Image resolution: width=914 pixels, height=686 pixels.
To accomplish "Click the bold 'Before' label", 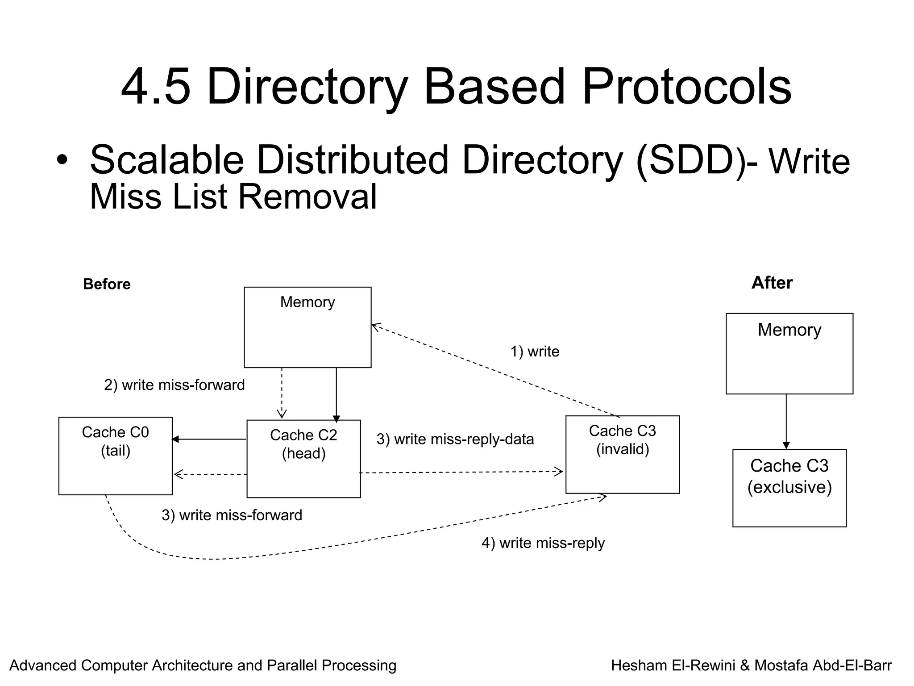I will [107, 284].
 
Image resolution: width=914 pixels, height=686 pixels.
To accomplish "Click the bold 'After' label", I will [772, 283].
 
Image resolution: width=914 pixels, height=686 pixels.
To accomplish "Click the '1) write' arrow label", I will [535, 351].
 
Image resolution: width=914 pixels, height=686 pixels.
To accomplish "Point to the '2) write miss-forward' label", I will [174, 385].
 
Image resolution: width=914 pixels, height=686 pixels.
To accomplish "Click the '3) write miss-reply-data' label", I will [455, 439].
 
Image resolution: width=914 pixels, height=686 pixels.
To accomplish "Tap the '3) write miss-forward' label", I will [232, 515].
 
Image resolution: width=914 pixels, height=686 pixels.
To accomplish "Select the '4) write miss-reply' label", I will [543, 543].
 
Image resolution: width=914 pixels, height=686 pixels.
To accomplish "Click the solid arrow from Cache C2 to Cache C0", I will [209, 439].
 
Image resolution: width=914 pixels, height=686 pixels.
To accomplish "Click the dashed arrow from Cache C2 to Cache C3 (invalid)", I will [460, 472].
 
